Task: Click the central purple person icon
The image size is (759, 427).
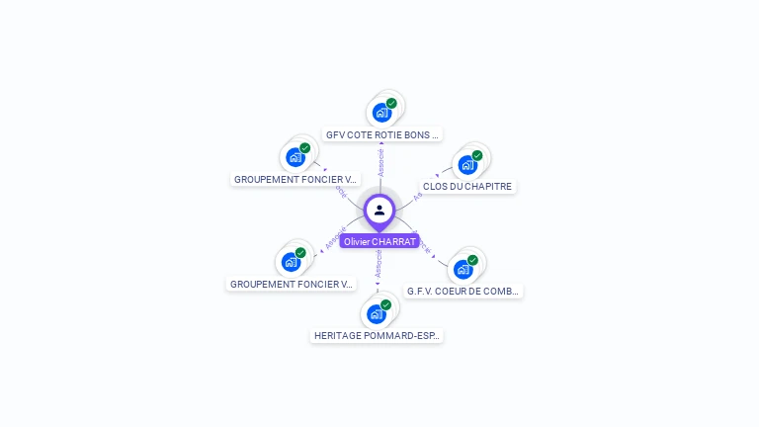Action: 379,210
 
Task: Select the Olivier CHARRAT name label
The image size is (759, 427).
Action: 379,241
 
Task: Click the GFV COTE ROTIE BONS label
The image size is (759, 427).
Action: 382,134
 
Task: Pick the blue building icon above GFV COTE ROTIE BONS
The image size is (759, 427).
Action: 381,113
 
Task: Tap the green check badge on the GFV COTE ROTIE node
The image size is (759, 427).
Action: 391,103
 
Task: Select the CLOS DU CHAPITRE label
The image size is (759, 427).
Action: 467,186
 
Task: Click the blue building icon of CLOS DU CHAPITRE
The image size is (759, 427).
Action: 467,165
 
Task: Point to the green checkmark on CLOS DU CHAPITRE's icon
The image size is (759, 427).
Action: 477,155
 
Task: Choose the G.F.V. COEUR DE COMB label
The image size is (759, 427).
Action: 464,292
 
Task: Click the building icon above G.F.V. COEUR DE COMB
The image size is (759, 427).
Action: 463,269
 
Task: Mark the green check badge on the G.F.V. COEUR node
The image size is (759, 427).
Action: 472,260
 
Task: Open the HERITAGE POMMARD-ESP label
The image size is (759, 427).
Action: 377,336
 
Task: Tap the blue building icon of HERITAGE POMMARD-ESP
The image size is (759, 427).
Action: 376,314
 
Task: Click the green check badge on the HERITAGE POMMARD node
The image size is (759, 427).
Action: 385,304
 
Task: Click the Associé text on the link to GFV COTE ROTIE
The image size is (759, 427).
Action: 380,163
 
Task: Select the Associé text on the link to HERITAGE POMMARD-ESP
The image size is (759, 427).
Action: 379,261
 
